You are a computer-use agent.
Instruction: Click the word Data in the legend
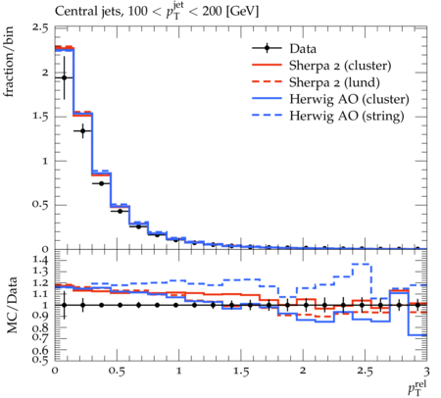pos(303,49)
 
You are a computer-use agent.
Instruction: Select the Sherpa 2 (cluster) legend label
pos(340,66)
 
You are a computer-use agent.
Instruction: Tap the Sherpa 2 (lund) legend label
pos(334,82)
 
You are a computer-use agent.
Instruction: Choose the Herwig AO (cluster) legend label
pos(349,99)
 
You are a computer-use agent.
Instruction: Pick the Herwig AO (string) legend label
pos(346,116)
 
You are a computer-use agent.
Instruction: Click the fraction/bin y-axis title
pos(8,62)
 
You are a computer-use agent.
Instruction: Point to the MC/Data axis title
pos(12,305)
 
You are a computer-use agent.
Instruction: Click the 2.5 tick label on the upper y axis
pos(40,27)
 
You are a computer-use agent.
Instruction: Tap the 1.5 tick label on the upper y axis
pos(40,117)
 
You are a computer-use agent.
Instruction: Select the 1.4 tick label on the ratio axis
pos(40,261)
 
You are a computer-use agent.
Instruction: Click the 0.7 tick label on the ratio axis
pos(40,338)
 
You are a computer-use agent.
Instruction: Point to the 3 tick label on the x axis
pos(426,372)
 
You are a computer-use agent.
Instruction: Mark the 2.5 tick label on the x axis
pos(365,372)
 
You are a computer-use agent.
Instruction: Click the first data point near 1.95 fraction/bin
pos(64,77)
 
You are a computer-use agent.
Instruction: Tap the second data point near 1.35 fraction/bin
pos(82,130)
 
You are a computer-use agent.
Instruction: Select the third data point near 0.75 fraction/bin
pos(101,183)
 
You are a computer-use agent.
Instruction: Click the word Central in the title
pos(72,12)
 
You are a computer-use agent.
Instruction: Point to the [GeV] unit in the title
pos(242,12)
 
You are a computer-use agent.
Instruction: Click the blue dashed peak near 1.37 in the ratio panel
pos(362,264)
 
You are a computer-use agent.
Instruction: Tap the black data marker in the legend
pos(267,48)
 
